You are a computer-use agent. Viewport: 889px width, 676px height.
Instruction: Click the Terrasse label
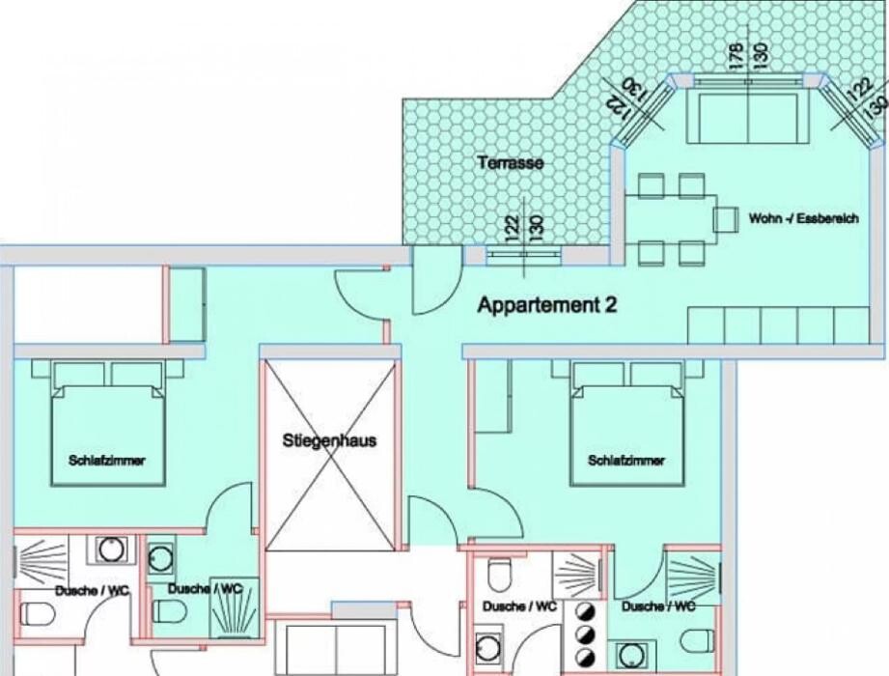511,163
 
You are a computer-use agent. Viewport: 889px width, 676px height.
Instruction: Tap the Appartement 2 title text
547,305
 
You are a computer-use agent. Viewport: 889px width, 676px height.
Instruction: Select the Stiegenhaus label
329,440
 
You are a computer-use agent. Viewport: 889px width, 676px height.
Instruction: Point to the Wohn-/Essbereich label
803,218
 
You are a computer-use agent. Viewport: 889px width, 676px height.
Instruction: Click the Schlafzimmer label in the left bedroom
106,460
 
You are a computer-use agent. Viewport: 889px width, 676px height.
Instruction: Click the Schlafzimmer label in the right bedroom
625,460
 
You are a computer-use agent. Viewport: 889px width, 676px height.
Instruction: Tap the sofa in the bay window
748,116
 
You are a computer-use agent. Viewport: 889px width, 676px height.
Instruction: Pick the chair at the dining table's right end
726,220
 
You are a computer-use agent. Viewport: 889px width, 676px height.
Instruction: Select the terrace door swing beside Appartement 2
436,281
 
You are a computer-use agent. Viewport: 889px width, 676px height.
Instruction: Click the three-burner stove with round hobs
584,634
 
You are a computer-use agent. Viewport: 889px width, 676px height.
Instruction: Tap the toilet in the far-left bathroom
38,614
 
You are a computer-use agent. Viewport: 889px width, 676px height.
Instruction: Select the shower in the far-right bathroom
693,575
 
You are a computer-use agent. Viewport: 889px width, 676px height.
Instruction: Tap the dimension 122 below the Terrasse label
514,229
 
